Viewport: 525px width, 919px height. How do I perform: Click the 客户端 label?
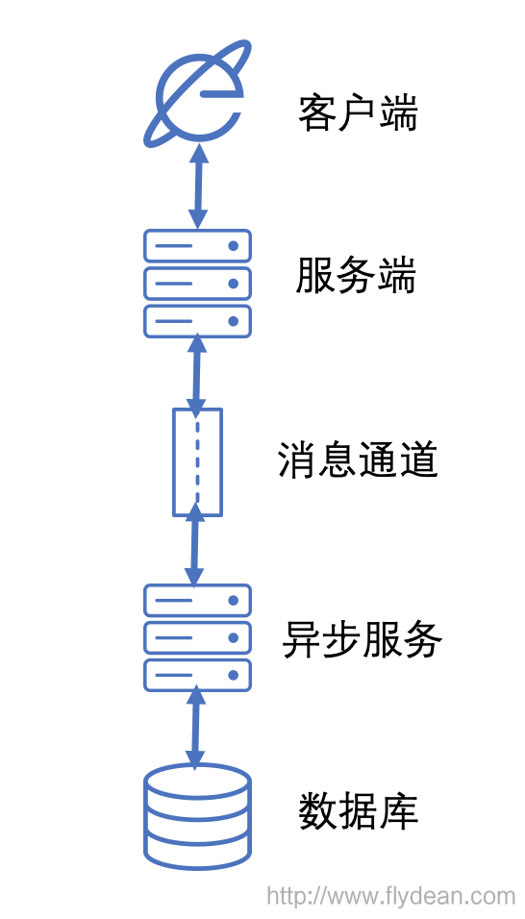coord(358,113)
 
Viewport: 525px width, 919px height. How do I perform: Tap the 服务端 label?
coord(356,275)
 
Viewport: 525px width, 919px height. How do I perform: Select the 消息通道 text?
coord(358,460)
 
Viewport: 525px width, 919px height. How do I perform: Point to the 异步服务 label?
coord(362,640)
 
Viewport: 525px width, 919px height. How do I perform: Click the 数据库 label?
coord(359,811)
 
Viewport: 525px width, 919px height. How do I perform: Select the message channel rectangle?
coord(197,462)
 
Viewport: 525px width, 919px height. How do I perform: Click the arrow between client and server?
coord(199,186)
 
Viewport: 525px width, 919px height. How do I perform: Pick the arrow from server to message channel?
coord(197,374)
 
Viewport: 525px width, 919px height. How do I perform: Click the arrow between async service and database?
coord(195,727)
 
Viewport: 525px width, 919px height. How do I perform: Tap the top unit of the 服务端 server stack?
coord(197,245)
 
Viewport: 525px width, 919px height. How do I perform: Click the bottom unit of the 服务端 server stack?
coord(197,321)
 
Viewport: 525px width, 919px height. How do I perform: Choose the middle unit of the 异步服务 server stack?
coord(197,637)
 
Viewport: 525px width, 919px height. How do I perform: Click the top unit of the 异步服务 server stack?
coord(197,600)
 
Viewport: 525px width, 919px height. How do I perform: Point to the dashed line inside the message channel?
coord(197,462)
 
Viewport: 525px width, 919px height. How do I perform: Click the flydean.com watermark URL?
coord(391,896)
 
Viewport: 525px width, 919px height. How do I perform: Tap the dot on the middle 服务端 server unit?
coord(234,284)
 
